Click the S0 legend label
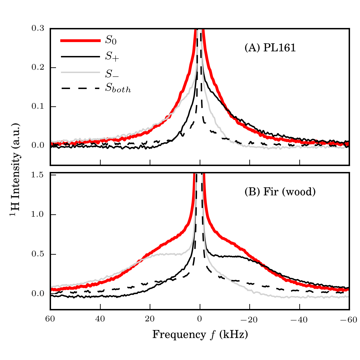111,41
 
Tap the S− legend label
112,73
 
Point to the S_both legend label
118,89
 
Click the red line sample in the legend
80,41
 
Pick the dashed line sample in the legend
80,88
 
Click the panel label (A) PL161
270,48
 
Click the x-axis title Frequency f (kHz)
200,334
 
